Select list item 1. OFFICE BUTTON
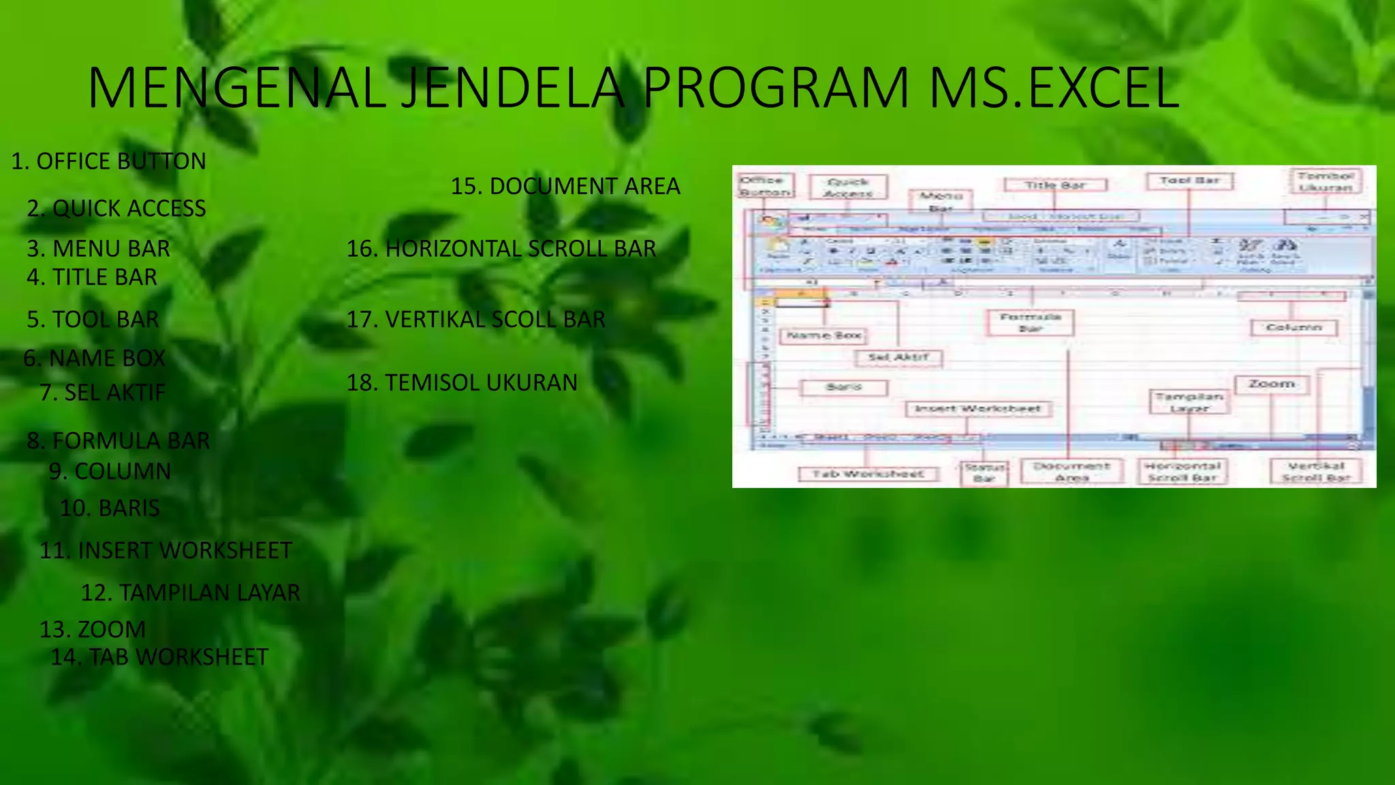click(x=108, y=161)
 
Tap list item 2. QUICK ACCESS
click(x=116, y=209)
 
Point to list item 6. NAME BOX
click(x=94, y=358)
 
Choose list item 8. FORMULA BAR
click(x=118, y=441)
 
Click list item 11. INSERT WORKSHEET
click(x=166, y=551)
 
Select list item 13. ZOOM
click(x=93, y=630)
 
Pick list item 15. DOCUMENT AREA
click(x=565, y=186)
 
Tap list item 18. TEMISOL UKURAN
click(x=462, y=383)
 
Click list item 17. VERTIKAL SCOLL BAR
click(x=475, y=320)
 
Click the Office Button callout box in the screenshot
click(x=765, y=186)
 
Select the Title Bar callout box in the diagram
click(x=1055, y=185)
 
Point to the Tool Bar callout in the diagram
click(x=1189, y=181)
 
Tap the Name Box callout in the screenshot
click(x=824, y=335)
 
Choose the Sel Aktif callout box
click(x=898, y=357)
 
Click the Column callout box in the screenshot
click(x=1294, y=328)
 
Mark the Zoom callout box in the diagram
click(x=1271, y=384)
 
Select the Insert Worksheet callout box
click(x=977, y=409)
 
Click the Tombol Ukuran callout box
click(x=1326, y=181)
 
